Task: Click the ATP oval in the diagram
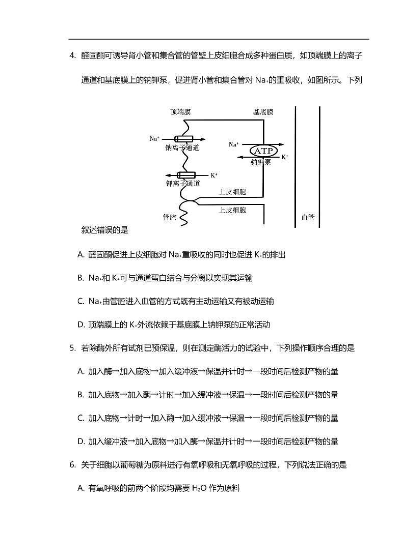[263, 151]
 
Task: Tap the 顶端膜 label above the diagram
[181, 112]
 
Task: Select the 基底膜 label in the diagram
[263, 112]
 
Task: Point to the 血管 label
[308, 217]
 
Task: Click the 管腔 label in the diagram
[169, 217]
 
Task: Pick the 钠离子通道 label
[182, 148]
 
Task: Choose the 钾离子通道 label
[182, 183]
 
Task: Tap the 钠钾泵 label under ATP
[261, 162]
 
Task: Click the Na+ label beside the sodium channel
[154, 138]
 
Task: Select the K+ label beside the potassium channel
[213, 175]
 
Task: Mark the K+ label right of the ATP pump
[285, 157]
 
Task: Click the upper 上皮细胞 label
[233, 192]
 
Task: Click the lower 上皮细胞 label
[233, 210]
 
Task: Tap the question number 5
[72, 348]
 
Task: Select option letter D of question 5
[81, 442]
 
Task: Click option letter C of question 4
[81, 301]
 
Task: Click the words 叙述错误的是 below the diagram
[104, 230]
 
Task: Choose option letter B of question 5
[81, 395]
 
